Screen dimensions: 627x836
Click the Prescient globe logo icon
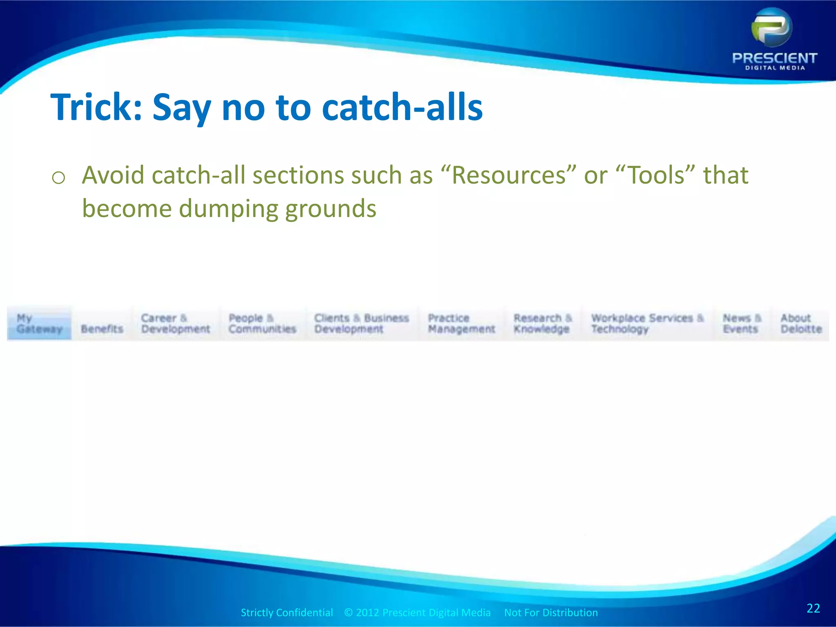[x=772, y=28]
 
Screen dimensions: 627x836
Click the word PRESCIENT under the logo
[x=774, y=58]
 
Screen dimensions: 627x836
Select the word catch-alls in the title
[x=402, y=107]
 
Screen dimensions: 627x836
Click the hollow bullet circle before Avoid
[x=59, y=178]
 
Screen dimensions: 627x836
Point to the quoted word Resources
[x=509, y=175]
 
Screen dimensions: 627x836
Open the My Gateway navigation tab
[x=39, y=323]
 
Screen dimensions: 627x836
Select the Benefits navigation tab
[x=102, y=329]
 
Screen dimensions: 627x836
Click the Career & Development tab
[x=175, y=323]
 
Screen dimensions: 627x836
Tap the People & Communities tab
[x=262, y=323]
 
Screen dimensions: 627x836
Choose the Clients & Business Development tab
[x=361, y=323]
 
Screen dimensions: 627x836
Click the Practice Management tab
[x=461, y=323]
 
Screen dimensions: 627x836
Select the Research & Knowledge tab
[x=542, y=323]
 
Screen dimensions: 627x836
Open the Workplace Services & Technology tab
[x=647, y=323]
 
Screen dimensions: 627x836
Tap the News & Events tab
[x=742, y=323]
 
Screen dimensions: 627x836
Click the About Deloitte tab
[x=801, y=323]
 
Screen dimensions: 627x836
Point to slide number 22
[x=813, y=608]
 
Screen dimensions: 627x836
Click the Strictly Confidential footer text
[x=287, y=612]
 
